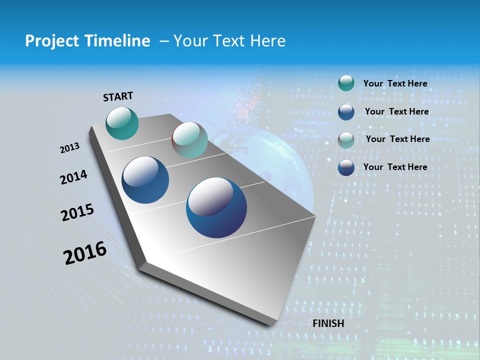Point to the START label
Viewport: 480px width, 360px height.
coord(118,96)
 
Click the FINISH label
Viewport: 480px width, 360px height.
coord(328,323)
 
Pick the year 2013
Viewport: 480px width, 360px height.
coord(70,148)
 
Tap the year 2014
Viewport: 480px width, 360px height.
coord(73,177)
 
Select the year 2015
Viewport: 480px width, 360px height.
coord(77,212)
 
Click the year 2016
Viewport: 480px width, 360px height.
coord(85,252)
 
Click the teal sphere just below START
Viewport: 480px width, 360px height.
coord(122,123)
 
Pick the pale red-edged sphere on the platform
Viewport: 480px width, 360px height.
coord(189,140)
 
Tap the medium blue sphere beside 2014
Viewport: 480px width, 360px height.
coord(145,180)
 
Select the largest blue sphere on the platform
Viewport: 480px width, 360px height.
coord(216,207)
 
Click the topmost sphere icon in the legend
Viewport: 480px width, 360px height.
coord(346,83)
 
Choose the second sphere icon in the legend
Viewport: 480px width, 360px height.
coord(346,111)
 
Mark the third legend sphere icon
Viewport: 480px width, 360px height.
coord(346,139)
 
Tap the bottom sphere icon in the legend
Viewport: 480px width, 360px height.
coord(346,167)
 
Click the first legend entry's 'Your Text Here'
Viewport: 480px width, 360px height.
coord(395,83)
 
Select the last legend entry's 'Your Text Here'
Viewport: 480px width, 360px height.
coord(395,167)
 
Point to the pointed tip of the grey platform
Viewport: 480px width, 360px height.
coord(270,324)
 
